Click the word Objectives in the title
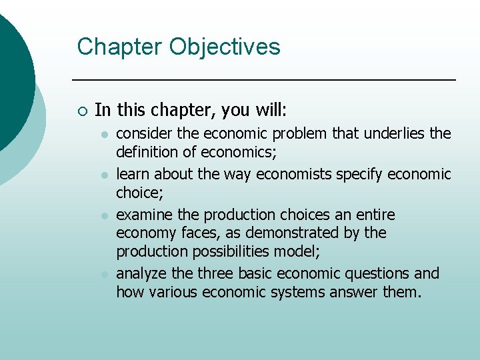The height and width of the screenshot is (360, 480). pyautogui.click(x=225, y=47)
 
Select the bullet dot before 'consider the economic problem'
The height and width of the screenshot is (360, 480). pyautogui.click(x=104, y=135)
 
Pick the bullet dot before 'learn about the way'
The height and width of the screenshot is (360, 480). pyautogui.click(x=104, y=175)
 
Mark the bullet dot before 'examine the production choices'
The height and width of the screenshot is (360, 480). pyautogui.click(x=104, y=215)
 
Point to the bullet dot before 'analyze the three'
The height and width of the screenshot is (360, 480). pyautogui.click(x=104, y=274)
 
